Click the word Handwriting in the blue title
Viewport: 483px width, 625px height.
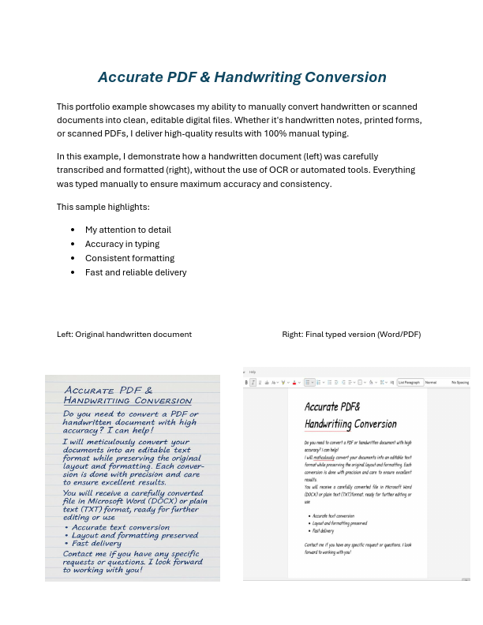tap(258, 77)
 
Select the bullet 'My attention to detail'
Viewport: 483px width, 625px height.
tap(128, 230)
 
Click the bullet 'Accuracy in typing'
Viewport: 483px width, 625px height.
tap(122, 244)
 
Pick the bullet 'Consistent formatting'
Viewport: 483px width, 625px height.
tap(129, 258)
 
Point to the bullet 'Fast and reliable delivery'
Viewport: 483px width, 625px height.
tap(136, 272)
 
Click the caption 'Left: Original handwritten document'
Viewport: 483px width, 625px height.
tap(124, 335)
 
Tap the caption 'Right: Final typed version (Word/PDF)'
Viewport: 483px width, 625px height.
tap(351, 335)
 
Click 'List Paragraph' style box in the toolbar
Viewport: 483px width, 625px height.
tap(409, 382)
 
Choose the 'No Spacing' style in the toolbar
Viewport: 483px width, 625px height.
tap(460, 382)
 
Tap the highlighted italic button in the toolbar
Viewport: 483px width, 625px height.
tap(253, 382)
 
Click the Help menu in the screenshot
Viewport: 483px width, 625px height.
tap(253, 372)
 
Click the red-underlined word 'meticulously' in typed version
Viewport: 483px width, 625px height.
tap(324, 457)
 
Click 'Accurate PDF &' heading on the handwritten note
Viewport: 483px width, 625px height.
tap(108, 391)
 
